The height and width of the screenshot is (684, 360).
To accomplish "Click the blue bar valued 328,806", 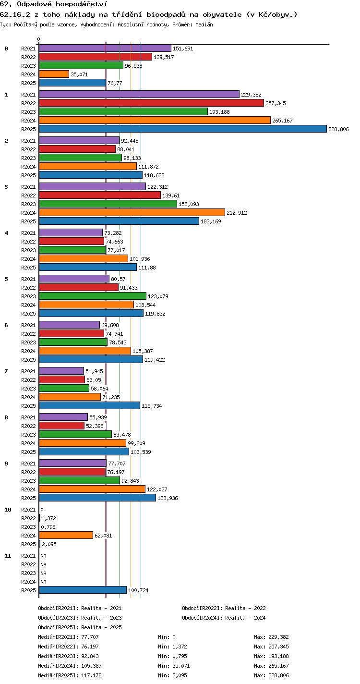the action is [183, 129].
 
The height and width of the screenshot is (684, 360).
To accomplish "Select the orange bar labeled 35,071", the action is [54, 74].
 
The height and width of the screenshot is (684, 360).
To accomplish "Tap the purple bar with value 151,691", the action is [105, 48].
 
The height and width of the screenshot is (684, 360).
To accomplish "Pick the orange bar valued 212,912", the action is [132, 212].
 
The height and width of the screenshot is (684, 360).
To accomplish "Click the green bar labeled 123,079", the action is [93, 296].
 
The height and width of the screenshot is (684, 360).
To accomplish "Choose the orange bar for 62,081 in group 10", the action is [66, 535].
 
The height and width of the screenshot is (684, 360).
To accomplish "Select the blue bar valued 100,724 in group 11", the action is [83, 590].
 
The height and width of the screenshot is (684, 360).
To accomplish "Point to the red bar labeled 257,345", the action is [151, 103].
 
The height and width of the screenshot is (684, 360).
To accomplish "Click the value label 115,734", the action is [152, 406].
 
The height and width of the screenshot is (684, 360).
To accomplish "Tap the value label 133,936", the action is [168, 498].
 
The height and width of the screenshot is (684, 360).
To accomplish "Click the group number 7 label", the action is [6, 371].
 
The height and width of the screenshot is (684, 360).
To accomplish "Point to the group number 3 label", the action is [6, 187].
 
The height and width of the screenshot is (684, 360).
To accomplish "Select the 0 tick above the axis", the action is [38, 39].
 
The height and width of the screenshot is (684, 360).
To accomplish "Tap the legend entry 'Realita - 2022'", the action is [245, 608].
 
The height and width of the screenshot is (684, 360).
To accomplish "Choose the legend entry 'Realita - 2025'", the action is [101, 627].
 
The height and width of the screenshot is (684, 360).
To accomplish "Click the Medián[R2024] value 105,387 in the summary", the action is [91, 666].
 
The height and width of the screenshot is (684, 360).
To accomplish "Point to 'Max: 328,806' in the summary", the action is [271, 675].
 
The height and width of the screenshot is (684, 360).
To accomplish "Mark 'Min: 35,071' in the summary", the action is [174, 666].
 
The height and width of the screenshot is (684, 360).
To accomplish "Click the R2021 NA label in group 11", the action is [43, 556].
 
